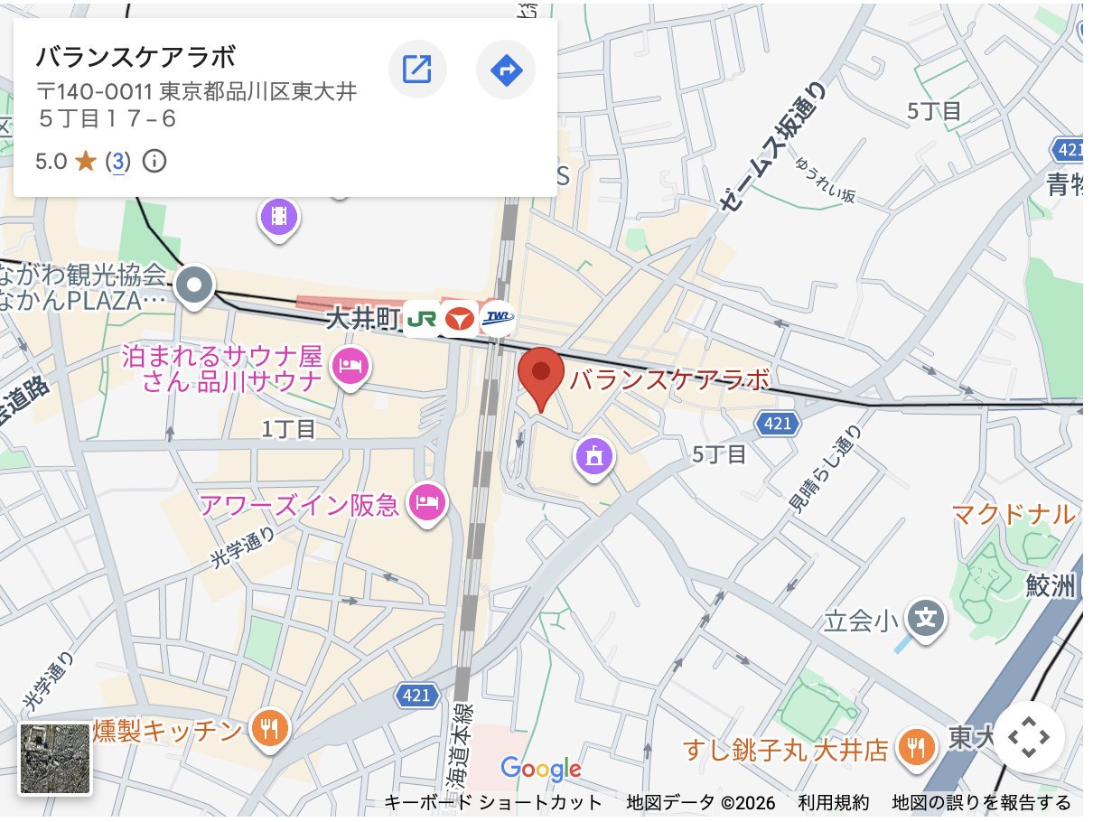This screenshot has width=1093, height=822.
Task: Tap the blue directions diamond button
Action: coord(506,69)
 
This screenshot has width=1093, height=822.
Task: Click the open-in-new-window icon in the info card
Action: coord(417,69)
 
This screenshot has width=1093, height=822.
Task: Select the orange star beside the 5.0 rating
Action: coord(86,162)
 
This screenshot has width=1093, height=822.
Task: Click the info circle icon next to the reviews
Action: coord(155,162)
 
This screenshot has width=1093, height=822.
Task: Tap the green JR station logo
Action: coord(420,318)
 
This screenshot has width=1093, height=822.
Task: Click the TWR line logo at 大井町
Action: coord(497,317)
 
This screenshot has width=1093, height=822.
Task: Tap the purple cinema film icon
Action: coord(280,216)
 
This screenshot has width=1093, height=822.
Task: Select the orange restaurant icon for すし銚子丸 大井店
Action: coord(918,747)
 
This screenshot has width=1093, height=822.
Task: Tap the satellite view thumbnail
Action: coord(56,758)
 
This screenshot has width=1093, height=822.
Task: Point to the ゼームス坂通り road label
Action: coord(774,148)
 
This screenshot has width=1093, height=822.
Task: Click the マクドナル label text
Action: coord(1013,515)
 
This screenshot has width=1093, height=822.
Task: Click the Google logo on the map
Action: coord(540,770)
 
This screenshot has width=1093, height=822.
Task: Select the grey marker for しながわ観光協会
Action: coord(194,286)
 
